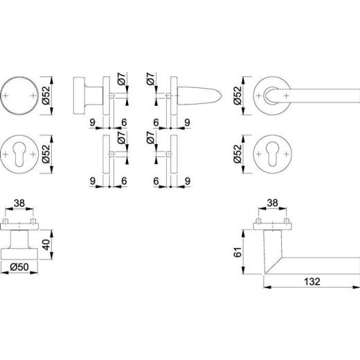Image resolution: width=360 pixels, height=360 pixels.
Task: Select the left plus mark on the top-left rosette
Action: [x=8, y=93]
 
